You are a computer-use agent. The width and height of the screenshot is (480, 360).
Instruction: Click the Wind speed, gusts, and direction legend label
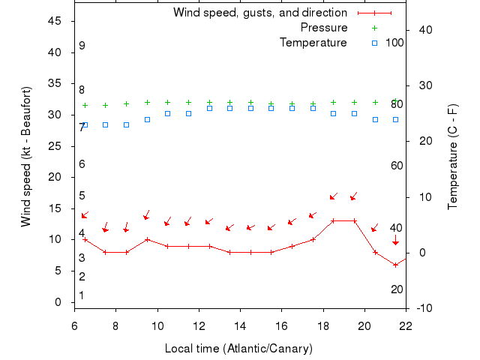tap(259, 13)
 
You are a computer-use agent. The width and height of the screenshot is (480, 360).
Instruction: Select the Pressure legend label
tap(323, 28)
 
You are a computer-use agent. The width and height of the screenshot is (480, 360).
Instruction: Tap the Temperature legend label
tap(313, 43)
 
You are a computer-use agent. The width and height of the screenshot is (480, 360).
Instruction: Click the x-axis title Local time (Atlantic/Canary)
tap(238, 349)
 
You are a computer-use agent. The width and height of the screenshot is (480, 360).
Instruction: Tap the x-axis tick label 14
tap(240, 326)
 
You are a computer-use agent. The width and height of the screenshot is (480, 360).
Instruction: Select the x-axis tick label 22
tap(406, 326)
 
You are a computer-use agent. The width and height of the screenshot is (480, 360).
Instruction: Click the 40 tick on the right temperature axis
tap(424, 29)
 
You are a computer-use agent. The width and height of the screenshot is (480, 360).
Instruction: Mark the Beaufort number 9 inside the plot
tap(82, 46)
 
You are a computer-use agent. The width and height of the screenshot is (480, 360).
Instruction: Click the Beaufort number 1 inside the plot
tap(82, 295)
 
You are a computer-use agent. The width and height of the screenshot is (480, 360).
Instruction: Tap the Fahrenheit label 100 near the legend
tap(394, 43)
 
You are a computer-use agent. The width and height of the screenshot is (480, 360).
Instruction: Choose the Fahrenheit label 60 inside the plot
tap(397, 166)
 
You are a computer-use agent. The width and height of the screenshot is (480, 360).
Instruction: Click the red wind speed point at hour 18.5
tap(334, 220)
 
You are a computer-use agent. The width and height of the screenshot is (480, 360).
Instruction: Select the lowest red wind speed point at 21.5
tap(395, 265)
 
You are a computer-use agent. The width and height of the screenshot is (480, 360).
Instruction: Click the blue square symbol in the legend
tap(375, 43)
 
